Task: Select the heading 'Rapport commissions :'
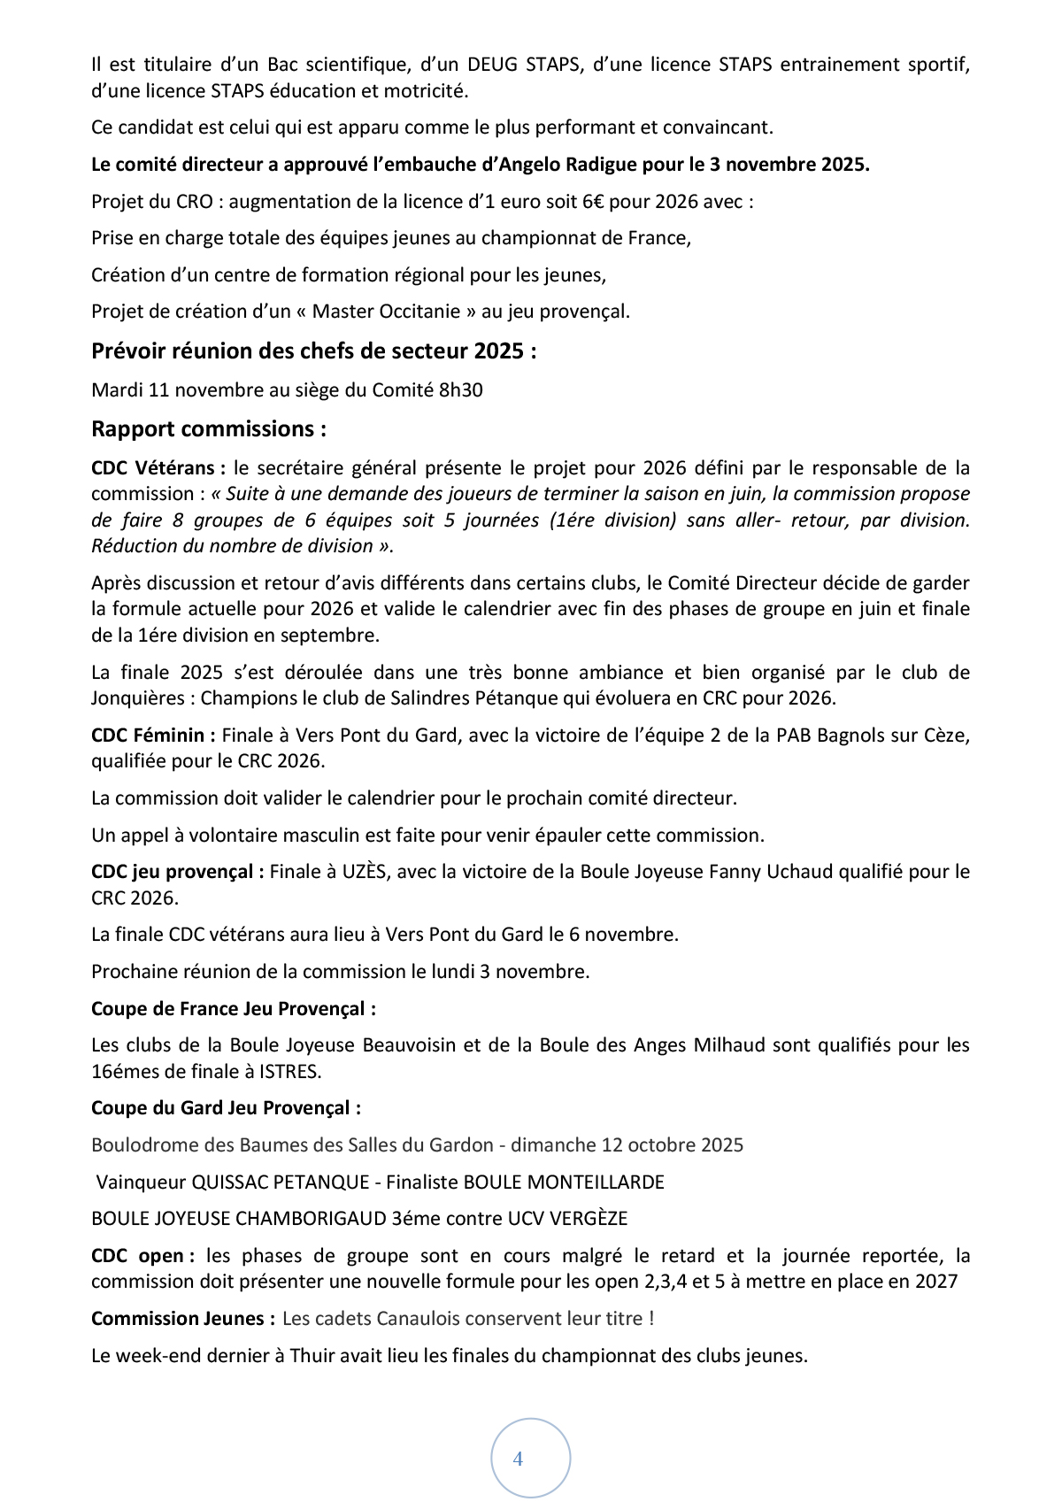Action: click(209, 429)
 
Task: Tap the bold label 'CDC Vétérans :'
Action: click(158, 467)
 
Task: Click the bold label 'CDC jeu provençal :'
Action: click(177, 872)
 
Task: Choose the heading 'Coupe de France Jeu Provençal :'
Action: click(234, 1009)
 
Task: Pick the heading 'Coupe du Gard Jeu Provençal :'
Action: click(226, 1108)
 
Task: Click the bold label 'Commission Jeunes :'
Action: click(183, 1319)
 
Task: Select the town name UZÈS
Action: click(365, 872)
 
